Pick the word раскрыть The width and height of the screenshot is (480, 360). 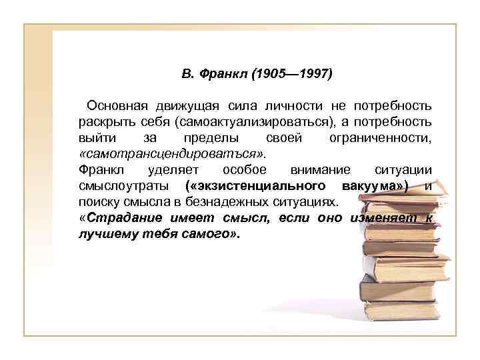coord(100,122)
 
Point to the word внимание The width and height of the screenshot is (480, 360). coord(317,169)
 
